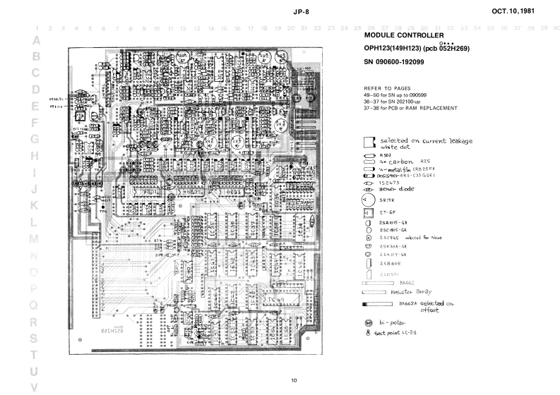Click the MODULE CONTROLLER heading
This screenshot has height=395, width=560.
point(403,35)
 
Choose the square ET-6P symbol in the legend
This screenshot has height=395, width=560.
point(367,212)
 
